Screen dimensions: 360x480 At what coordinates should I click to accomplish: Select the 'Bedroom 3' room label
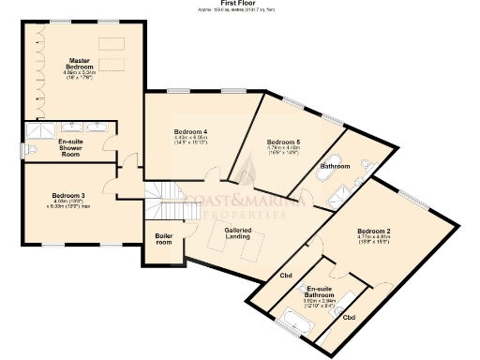68,196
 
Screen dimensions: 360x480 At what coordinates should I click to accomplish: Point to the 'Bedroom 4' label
189,130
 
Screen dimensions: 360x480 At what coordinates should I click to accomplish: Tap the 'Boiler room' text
164,239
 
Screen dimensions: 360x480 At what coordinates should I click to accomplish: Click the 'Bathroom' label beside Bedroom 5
335,166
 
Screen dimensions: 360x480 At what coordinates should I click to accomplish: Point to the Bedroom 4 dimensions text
189,140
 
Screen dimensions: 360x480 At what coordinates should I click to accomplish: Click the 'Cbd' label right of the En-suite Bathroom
348,318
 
